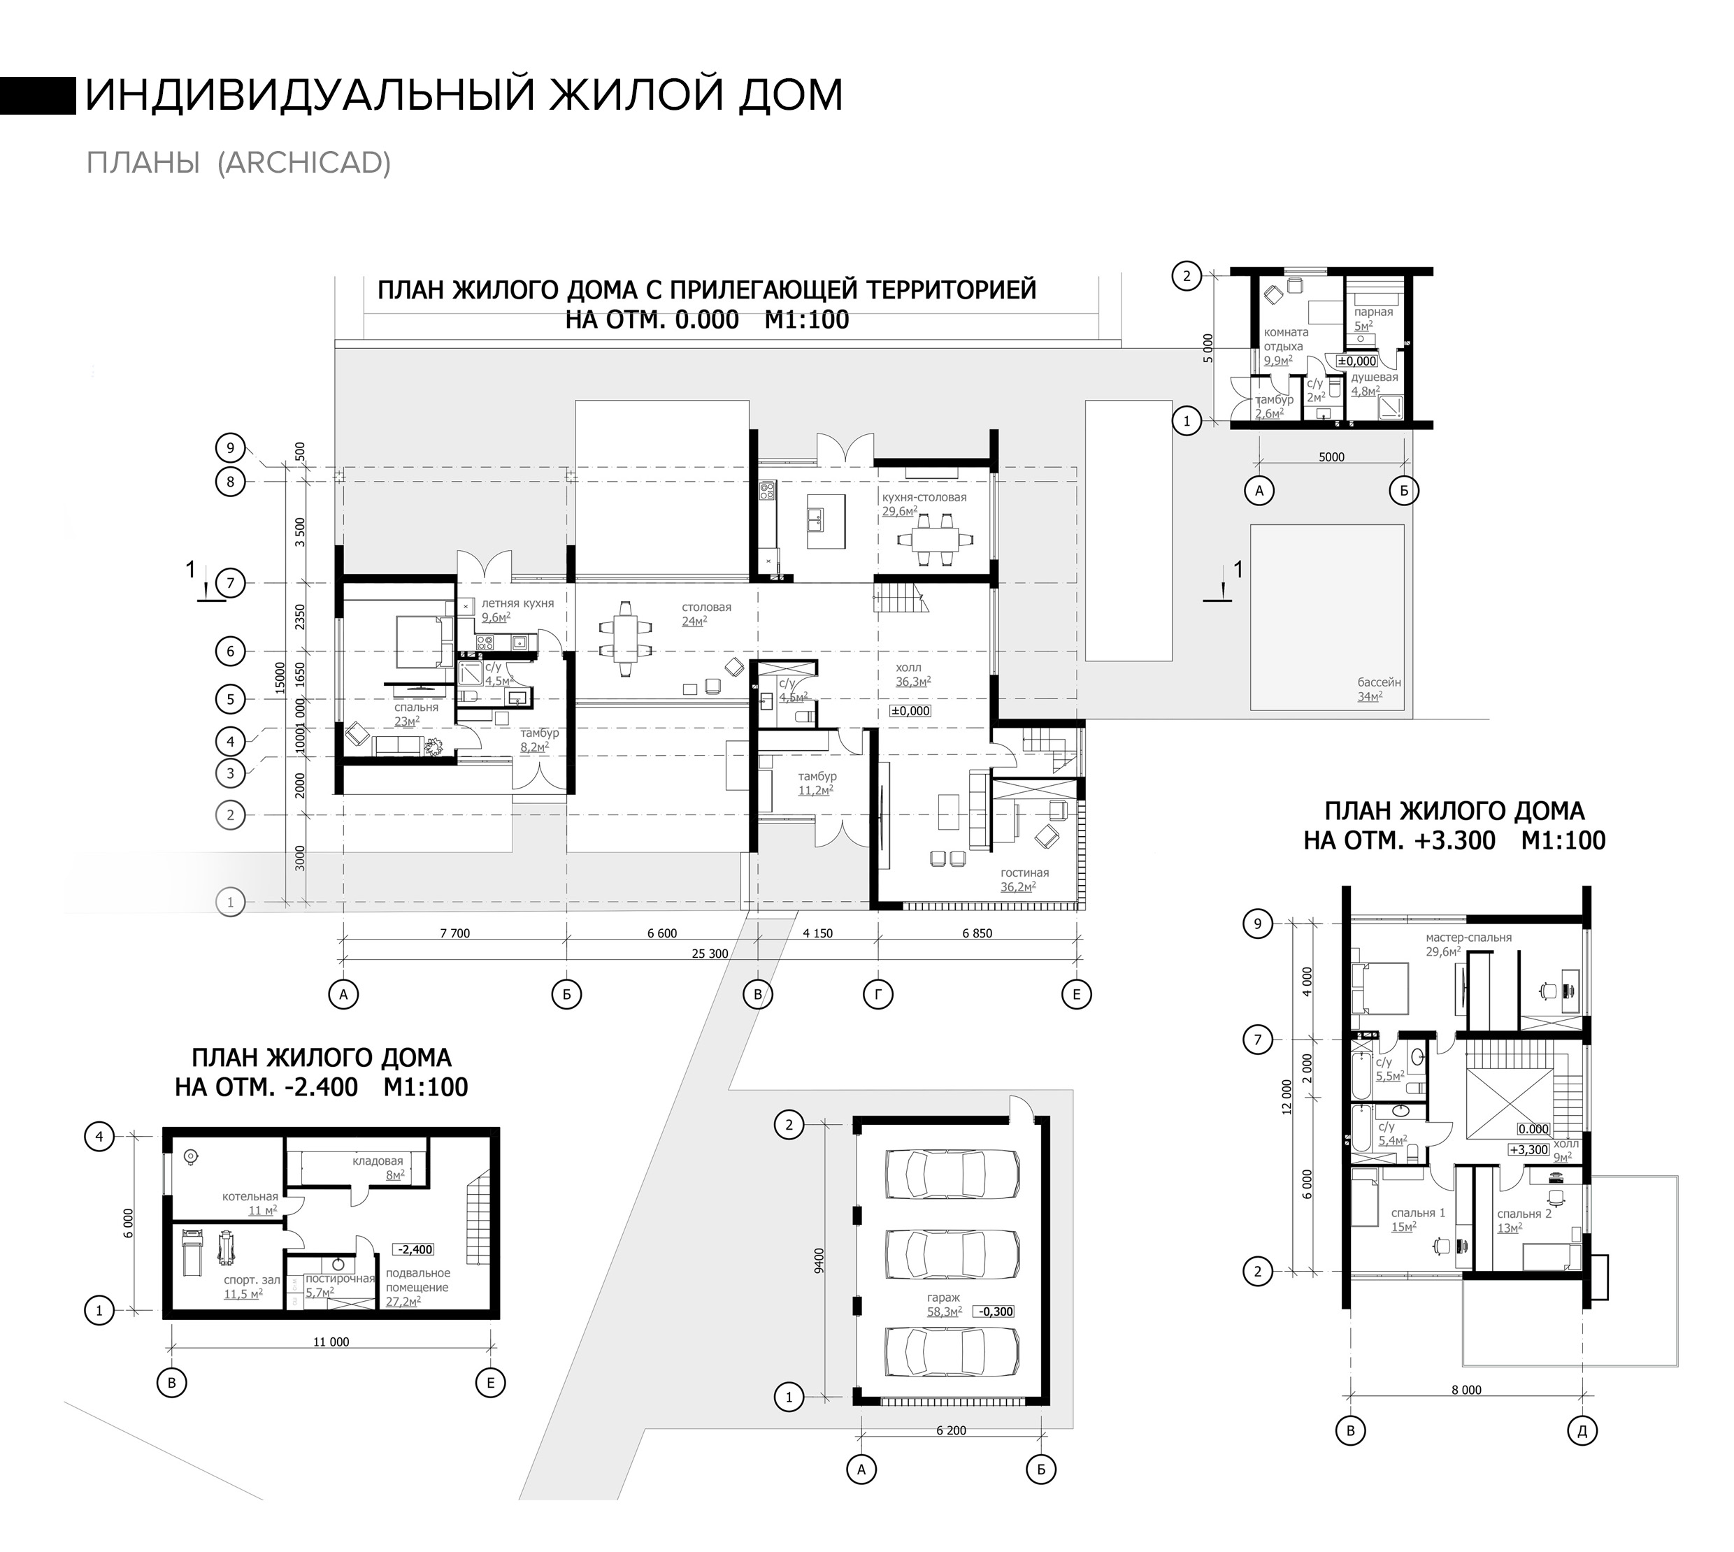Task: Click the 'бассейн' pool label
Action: [1380, 682]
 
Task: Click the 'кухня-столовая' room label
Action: [924, 497]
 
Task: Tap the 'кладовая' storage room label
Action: [378, 1161]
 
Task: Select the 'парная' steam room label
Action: [1373, 312]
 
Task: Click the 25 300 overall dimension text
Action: [710, 954]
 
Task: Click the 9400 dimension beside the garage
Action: [819, 1261]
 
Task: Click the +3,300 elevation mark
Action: [1528, 1149]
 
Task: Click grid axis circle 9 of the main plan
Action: [230, 447]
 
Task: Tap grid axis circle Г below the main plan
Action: [877, 993]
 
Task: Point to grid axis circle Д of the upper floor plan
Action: [1582, 1432]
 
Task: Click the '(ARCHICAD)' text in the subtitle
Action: [304, 162]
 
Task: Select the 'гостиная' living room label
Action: [1024, 872]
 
